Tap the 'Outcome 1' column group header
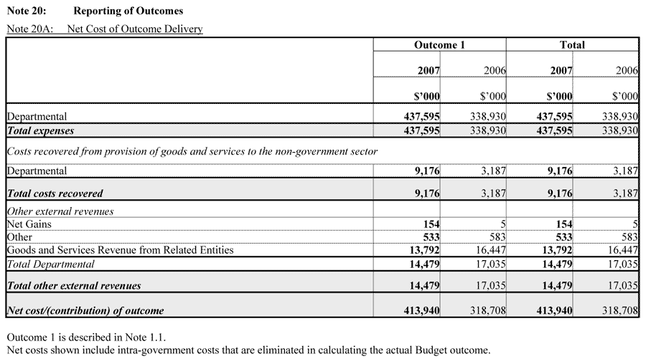pos(439,44)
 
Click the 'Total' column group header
pos(572,44)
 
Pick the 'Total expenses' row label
pos(40,131)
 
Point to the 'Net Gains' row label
pos(29,224)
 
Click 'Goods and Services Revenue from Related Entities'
pos(120,250)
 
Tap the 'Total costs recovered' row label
pos(55,193)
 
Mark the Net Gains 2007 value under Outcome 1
pos(431,224)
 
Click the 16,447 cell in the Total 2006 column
pos(622,250)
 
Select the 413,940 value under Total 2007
pos(555,310)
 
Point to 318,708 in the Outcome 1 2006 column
pos(489,310)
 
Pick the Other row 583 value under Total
pos(629,237)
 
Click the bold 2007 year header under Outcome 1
pos(429,71)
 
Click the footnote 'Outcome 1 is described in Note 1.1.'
pos(89,337)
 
